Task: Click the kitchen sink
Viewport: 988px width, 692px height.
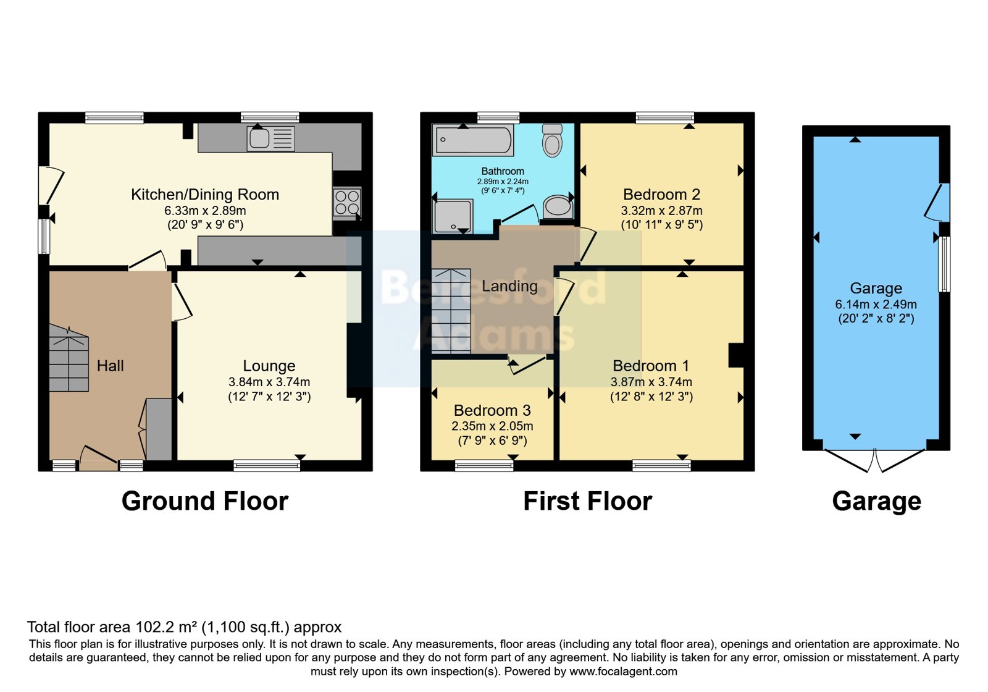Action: (271, 138)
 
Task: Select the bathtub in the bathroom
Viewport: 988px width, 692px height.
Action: (473, 140)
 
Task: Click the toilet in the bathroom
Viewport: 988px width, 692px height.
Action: (552, 140)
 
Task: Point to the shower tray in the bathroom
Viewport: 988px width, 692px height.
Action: (453, 216)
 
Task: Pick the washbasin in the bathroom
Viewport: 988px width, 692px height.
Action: (558, 206)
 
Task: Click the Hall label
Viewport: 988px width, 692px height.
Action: (111, 366)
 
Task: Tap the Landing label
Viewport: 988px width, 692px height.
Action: (509, 287)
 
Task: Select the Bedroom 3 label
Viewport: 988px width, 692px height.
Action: (492, 410)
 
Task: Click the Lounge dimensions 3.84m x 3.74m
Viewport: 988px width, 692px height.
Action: (269, 382)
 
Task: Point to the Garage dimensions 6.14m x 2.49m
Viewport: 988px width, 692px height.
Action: (876, 304)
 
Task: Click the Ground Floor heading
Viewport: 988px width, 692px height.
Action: (205, 501)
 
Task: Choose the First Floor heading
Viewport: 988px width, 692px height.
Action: (587, 501)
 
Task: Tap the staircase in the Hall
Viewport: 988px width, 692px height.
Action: (69, 358)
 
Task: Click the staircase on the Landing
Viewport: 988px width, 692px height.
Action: (451, 311)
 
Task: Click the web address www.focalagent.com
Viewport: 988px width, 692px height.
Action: (623, 671)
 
